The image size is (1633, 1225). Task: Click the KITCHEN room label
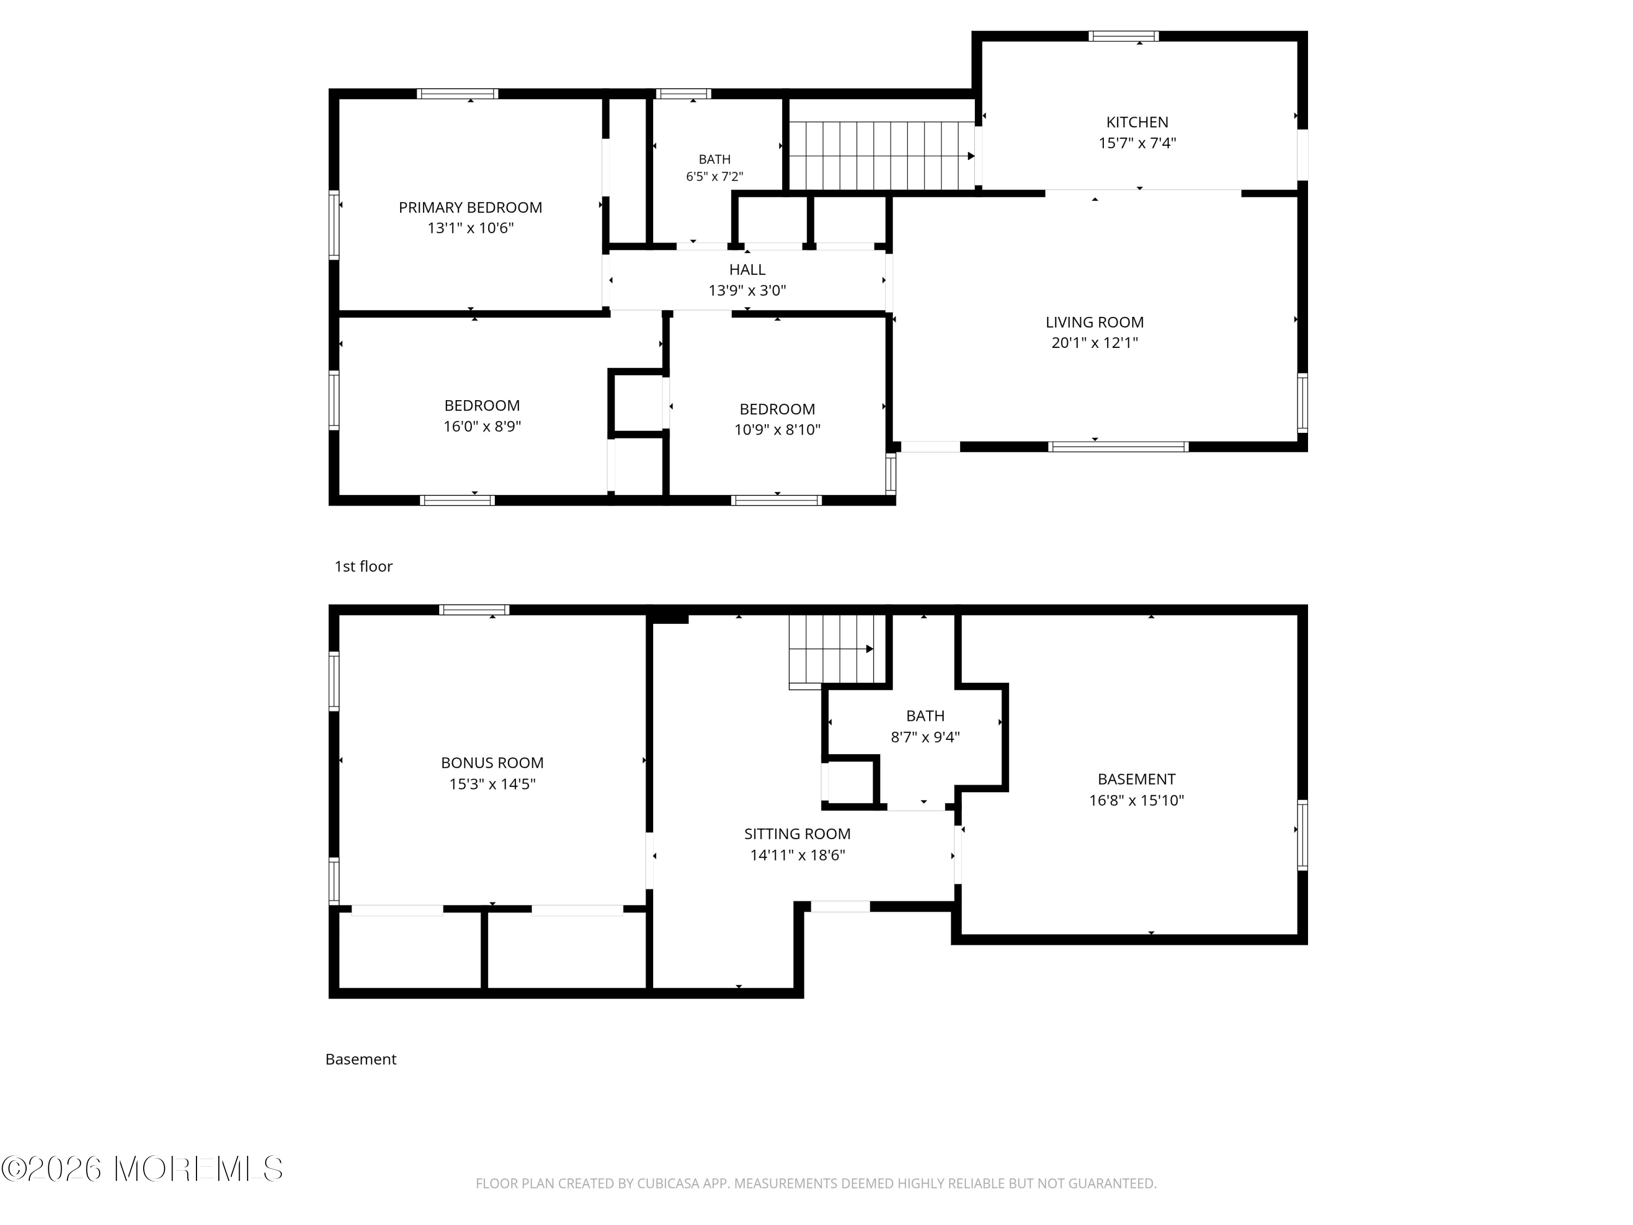pos(1137,122)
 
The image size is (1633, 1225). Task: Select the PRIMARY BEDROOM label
pos(470,208)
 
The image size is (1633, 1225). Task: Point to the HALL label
pos(747,270)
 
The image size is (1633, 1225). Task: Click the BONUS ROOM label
pos(493,763)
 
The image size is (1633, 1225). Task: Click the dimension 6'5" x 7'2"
pos(715,177)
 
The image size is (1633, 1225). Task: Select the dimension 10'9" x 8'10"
pos(777,430)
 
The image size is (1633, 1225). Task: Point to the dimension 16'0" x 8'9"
pos(482,427)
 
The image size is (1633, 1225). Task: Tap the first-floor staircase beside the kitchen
pos(883,156)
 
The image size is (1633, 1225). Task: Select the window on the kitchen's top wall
pos(1124,36)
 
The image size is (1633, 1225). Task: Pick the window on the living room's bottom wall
pos(1119,447)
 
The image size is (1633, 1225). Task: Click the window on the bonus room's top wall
pos(474,610)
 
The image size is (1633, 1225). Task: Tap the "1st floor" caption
pos(363,566)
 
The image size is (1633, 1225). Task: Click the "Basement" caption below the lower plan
pos(361,1059)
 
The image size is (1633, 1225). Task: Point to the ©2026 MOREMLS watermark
pos(143,1169)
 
